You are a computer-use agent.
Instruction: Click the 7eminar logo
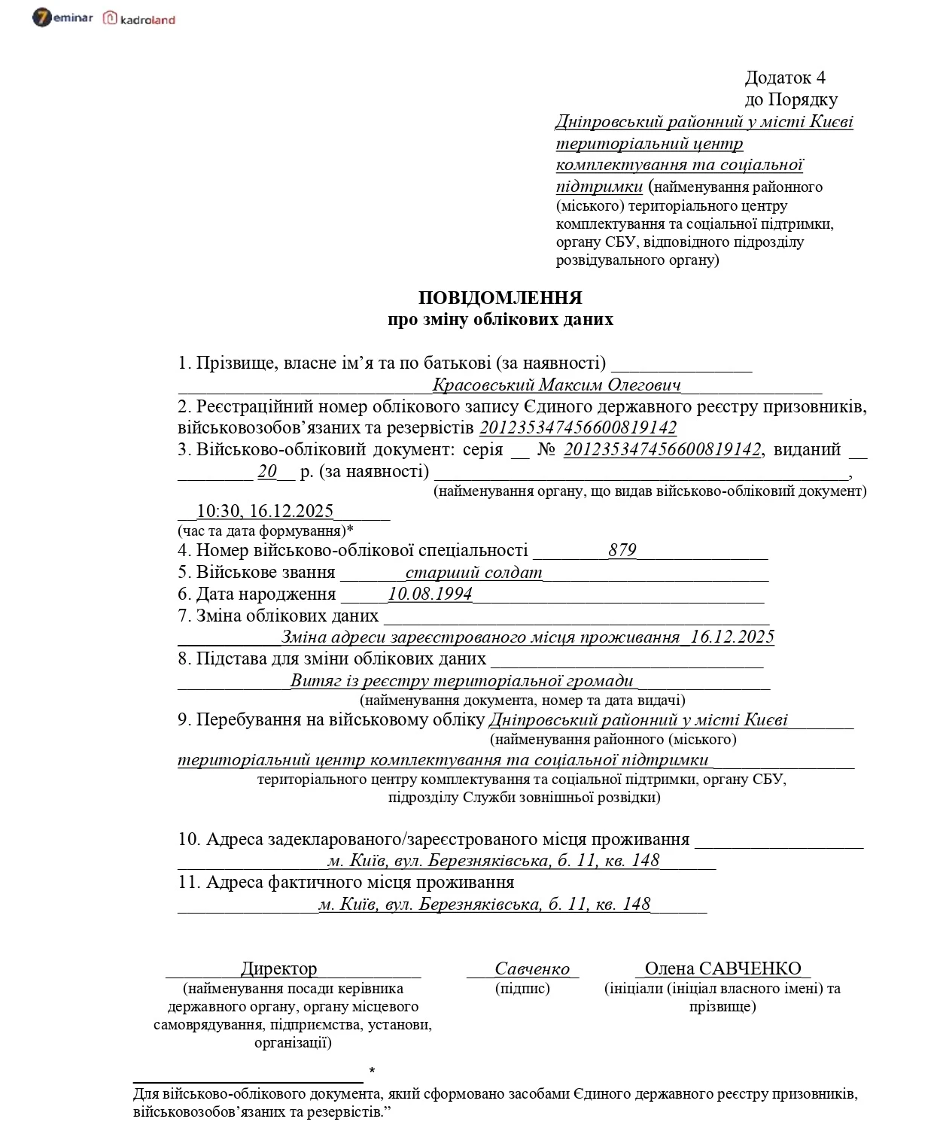[62, 18]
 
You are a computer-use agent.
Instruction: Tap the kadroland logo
[139, 19]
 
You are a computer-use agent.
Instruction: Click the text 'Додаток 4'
[785, 78]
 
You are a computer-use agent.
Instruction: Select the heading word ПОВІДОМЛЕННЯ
[500, 298]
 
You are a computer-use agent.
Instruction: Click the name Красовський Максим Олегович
[557, 385]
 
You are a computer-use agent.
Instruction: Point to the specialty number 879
[622, 550]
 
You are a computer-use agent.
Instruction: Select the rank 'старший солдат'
[473, 572]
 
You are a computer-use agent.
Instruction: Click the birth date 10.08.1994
[430, 594]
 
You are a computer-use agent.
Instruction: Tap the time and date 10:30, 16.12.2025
[265, 511]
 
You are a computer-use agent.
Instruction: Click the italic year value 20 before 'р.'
[267, 472]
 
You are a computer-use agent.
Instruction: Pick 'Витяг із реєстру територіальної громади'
[462, 681]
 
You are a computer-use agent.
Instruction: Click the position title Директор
[278, 968]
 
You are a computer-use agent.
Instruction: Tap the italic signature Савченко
[532, 968]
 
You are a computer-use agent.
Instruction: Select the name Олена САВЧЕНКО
[723, 968]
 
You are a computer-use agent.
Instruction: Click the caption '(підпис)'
[522, 988]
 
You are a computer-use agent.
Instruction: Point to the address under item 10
[493, 860]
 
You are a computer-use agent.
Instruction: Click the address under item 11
[484, 904]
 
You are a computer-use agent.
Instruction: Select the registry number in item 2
[578, 428]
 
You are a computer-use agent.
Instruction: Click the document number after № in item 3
[662, 449]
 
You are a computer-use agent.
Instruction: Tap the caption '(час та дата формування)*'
[266, 531]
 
